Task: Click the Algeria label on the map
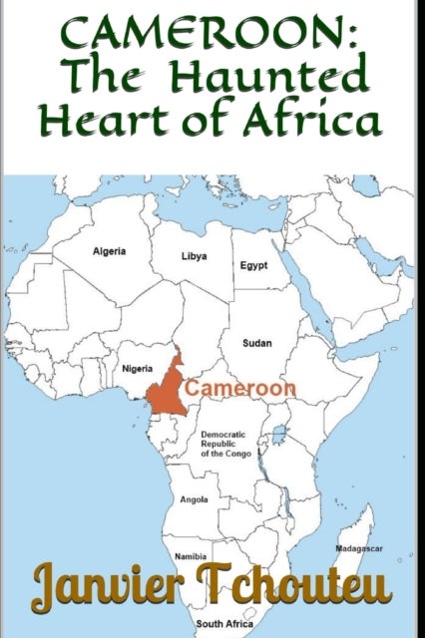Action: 109,251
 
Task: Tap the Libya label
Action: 194,256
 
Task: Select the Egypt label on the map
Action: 253,266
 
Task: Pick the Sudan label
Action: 257,343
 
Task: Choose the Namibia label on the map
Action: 191,555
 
